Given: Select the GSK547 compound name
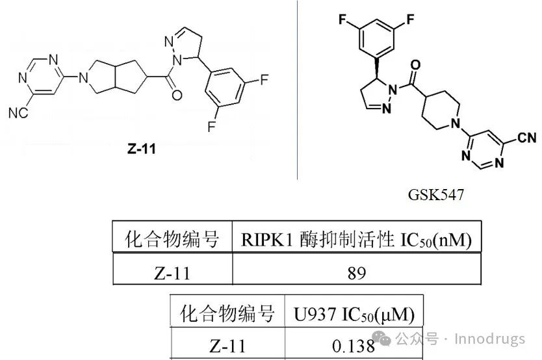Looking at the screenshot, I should click(x=435, y=194).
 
